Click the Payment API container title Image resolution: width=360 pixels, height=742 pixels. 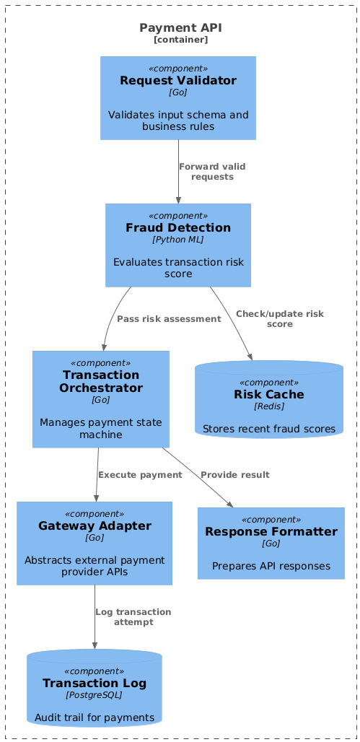[180, 28]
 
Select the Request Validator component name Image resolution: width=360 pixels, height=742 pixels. [178, 80]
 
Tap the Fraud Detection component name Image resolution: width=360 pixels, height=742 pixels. [178, 227]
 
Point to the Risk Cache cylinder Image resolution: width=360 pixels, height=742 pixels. [269, 400]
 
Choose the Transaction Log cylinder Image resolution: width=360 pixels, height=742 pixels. [95, 688]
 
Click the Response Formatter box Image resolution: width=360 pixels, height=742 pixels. [271, 544]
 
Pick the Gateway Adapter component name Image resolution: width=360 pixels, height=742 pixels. [95, 525]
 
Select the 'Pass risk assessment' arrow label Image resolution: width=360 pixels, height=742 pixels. [169, 319]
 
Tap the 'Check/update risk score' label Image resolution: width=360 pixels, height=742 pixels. [280, 319]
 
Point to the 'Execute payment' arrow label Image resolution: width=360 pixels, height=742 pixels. [140, 475]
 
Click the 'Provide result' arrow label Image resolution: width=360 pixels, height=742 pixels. [235, 475]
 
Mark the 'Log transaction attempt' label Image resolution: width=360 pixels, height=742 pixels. [133, 617]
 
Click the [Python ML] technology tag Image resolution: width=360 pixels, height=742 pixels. [178, 240]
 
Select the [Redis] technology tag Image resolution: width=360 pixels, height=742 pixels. [269, 406]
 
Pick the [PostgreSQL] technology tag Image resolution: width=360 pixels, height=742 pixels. [95, 695]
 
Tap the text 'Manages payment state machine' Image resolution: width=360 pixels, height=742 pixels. [101, 428]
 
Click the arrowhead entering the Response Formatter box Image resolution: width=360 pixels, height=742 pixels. [230, 505]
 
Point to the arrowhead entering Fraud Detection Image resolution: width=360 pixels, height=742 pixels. [178, 200]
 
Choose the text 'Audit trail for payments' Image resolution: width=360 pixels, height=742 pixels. [95, 717]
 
